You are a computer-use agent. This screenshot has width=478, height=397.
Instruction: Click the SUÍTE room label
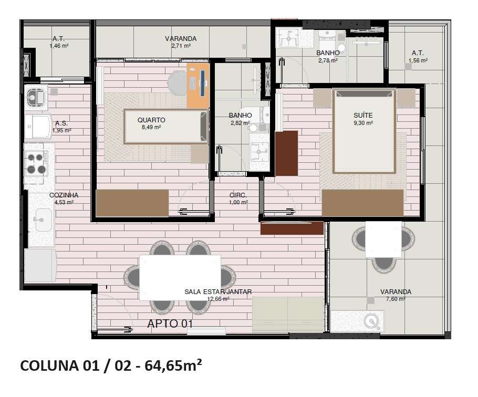point(363,116)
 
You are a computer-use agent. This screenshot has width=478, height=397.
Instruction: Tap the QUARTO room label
point(151,120)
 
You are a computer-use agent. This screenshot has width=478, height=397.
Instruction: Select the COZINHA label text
point(64,195)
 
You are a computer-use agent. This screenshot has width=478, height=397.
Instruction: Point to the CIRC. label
point(238,195)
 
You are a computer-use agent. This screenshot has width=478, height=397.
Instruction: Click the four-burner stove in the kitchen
point(36,163)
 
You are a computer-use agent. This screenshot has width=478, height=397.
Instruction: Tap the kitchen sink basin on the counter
point(43,220)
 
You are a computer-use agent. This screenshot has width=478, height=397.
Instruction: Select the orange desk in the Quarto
point(198,86)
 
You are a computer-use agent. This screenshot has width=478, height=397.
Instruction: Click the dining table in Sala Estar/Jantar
point(180,277)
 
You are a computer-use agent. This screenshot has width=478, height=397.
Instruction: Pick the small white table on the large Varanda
point(383,239)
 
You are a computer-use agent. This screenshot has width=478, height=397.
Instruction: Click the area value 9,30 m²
point(363,123)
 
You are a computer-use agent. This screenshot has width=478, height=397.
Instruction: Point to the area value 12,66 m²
point(218,299)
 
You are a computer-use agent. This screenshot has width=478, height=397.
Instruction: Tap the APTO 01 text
point(170,323)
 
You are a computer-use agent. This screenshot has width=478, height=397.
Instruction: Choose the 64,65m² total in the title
point(173,365)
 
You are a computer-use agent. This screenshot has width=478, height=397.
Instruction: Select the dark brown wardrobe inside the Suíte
point(287,153)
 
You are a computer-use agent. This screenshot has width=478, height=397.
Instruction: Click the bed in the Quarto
point(166,127)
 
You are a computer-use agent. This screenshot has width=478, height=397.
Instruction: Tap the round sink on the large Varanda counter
point(372,321)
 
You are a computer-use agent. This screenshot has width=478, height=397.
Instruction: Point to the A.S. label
point(61,123)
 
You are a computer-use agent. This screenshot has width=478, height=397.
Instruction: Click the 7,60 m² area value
point(396,299)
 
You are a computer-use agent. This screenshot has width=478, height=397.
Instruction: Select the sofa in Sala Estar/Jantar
point(288,315)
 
